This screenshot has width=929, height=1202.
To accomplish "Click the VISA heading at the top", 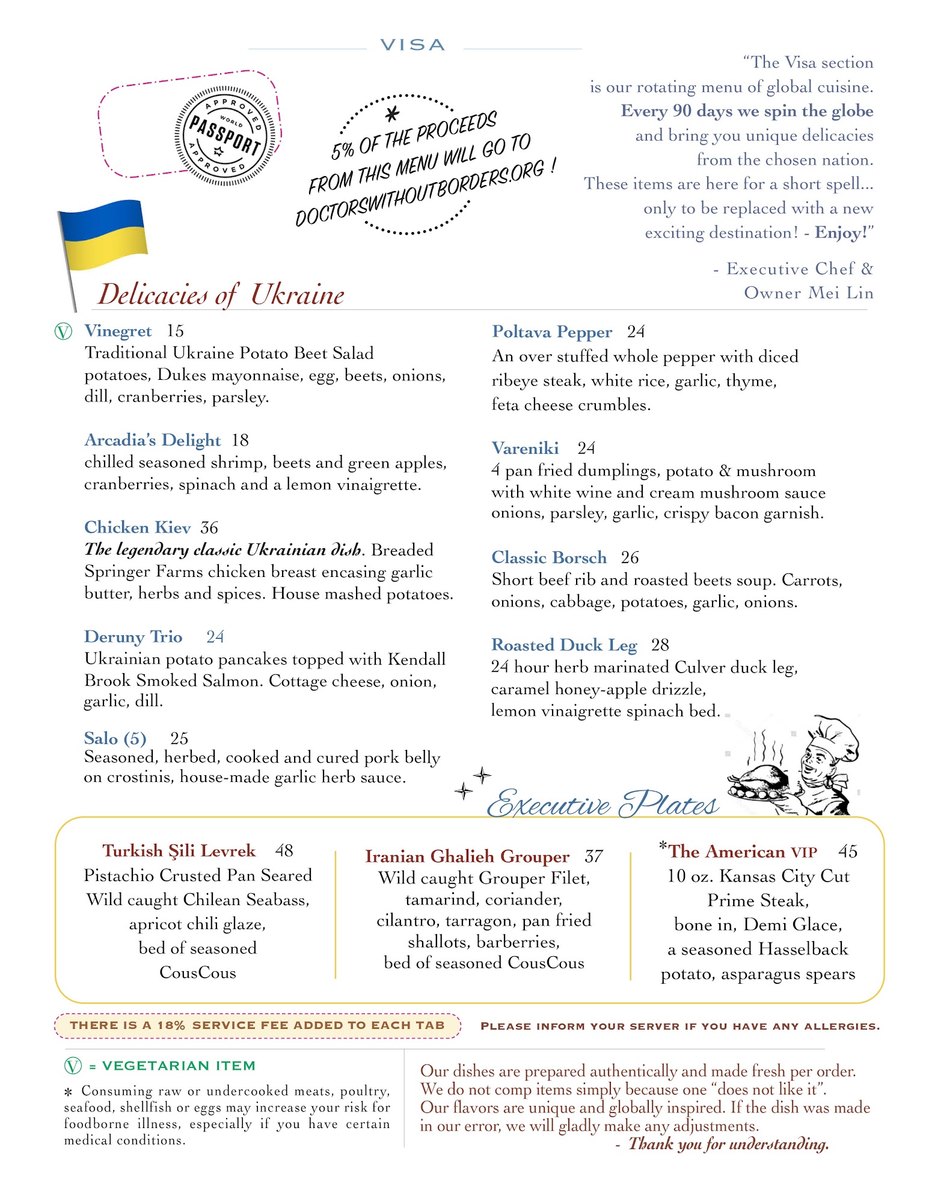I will tap(412, 45).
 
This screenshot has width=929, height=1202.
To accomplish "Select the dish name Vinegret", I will tap(118, 331).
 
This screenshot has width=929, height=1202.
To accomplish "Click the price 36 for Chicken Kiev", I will tap(209, 528).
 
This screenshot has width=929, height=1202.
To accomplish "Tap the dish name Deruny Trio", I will tap(133, 637).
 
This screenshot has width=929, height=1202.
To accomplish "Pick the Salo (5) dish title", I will tap(115, 738).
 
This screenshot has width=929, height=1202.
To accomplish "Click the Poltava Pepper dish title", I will tap(551, 332).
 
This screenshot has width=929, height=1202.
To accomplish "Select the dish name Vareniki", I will tap(524, 448).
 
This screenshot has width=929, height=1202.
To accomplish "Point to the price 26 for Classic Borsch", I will tap(630, 558).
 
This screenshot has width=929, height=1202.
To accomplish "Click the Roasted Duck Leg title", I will tap(563, 645).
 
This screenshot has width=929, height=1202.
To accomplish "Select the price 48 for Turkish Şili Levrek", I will tap(284, 850).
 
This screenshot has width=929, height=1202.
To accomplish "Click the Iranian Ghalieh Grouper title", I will tap(467, 856).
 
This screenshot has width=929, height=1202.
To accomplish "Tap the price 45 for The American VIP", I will tap(848, 852).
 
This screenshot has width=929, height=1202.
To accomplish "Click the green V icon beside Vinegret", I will tap(63, 331).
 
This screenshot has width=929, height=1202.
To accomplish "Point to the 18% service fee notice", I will tap(257, 1025).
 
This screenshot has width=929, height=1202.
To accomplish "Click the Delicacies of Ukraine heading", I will tap(221, 294).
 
